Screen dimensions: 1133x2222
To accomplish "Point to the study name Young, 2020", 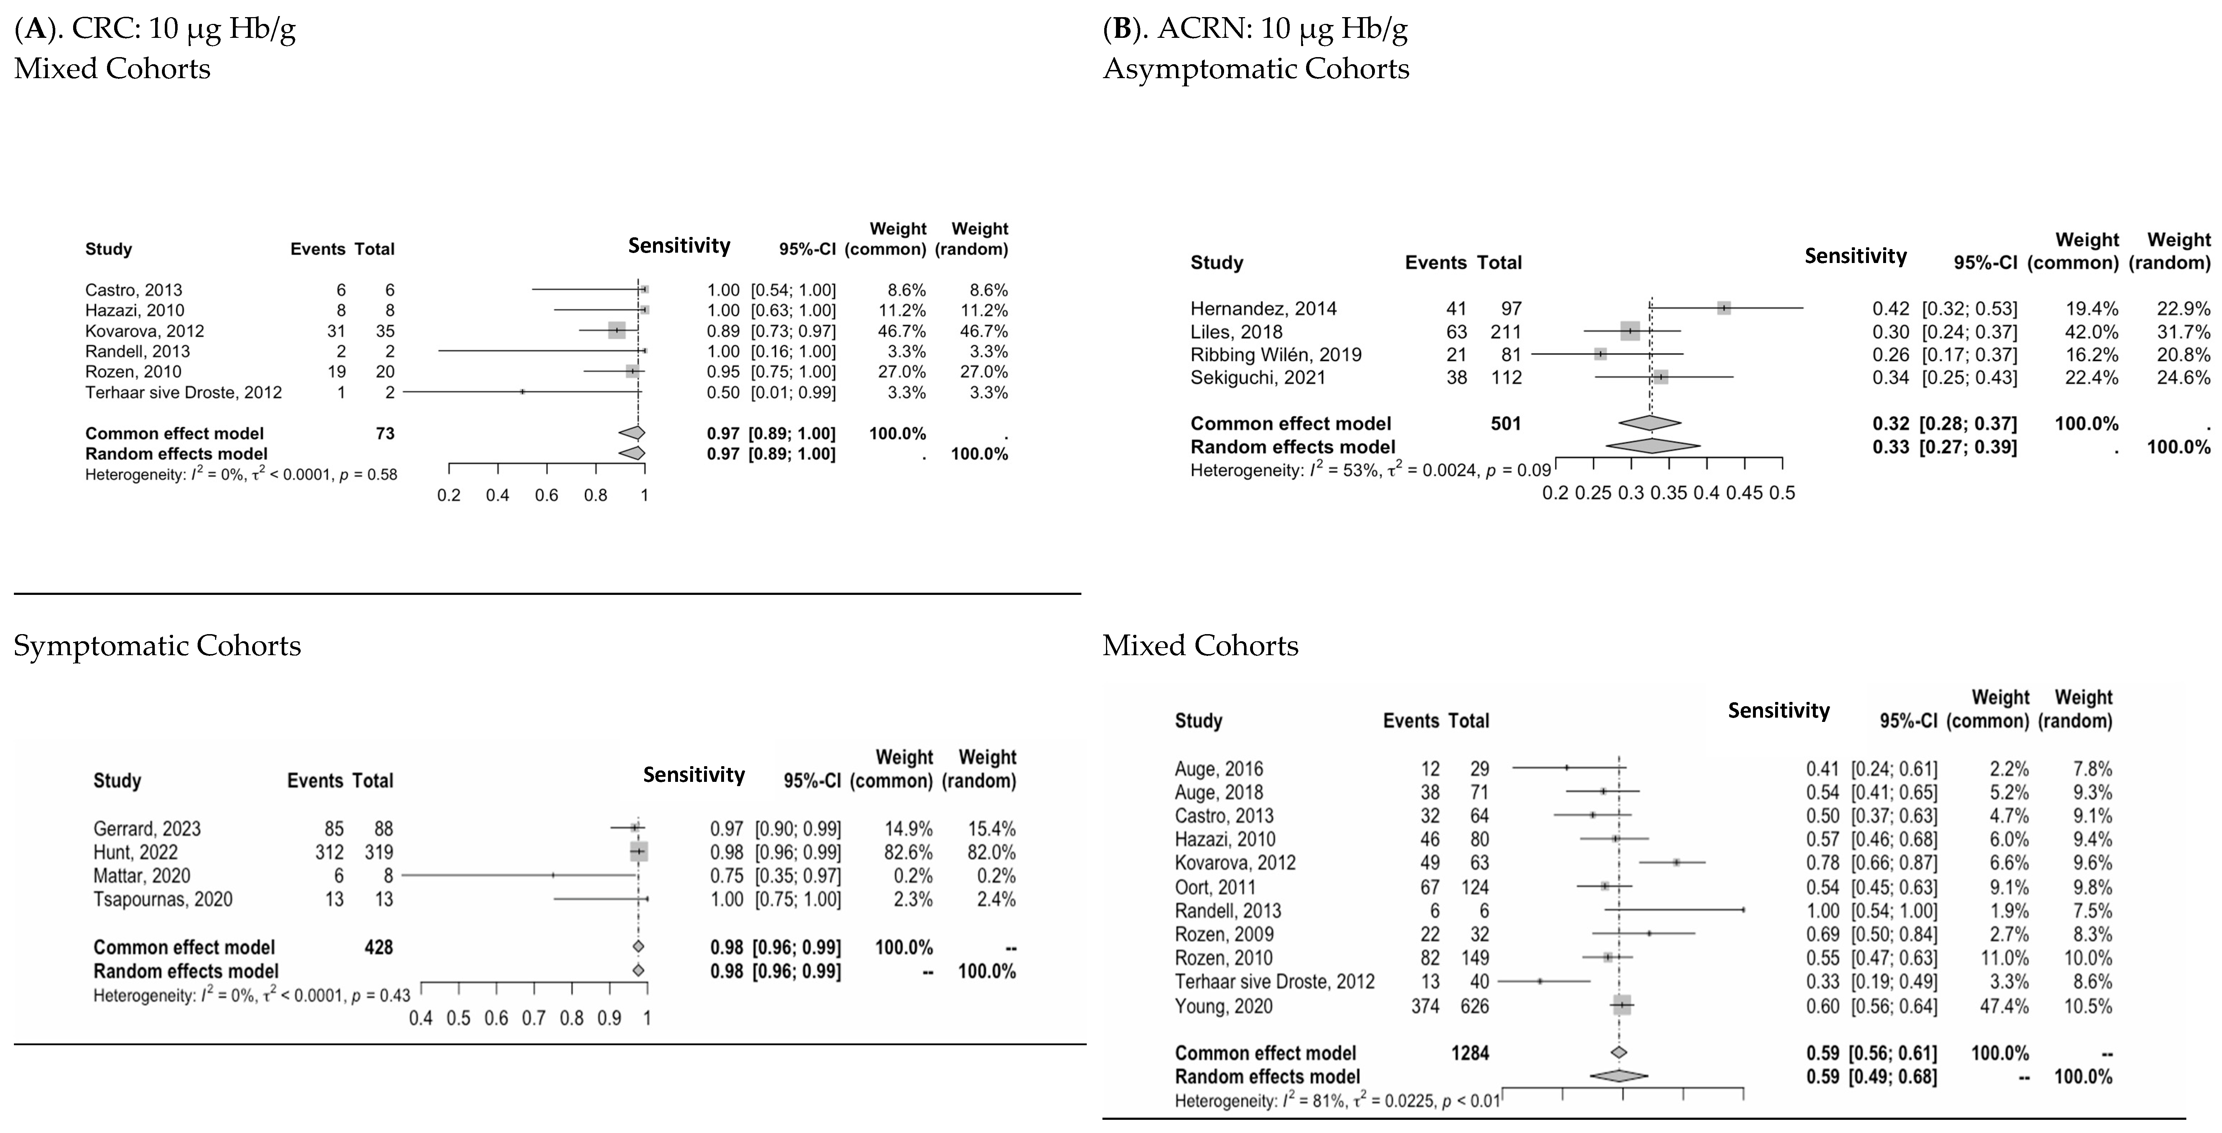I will pyautogui.click(x=1223, y=1006).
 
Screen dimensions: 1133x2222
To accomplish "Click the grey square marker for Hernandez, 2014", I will pyautogui.click(x=1723, y=308).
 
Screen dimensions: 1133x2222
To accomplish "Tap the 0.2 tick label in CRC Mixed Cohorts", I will pyautogui.click(x=449, y=495).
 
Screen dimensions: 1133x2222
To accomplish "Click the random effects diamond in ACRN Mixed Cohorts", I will pyautogui.click(x=1618, y=1076).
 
